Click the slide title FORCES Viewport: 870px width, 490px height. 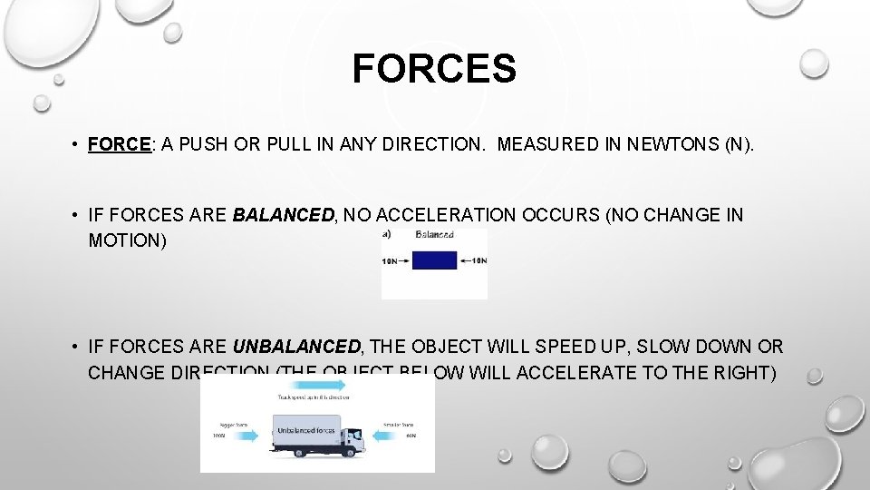pyautogui.click(x=434, y=69)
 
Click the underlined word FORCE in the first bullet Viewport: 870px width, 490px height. pyautogui.click(x=119, y=144)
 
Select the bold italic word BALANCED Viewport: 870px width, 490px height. pyautogui.click(x=284, y=215)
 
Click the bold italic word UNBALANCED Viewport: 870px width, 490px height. pyautogui.click(x=296, y=347)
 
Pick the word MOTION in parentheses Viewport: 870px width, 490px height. pyautogui.click(x=127, y=242)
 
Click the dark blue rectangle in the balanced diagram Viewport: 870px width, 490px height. pyautogui.click(x=434, y=260)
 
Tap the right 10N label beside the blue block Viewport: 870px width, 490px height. pyautogui.click(x=478, y=260)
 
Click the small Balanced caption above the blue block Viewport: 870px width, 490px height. pyautogui.click(x=434, y=234)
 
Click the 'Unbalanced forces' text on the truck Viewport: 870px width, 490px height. pyautogui.click(x=306, y=431)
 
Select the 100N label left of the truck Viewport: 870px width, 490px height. pyautogui.click(x=219, y=436)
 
